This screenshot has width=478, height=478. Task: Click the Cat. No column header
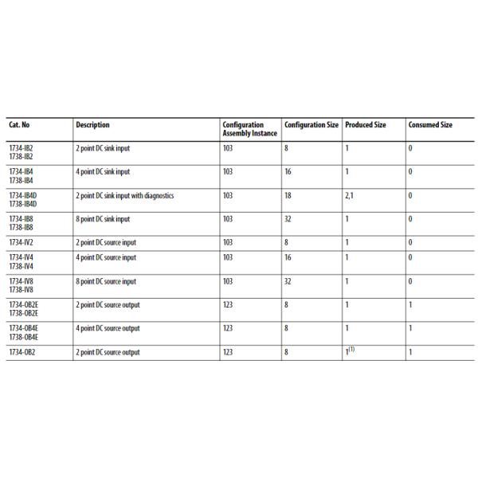click(20, 125)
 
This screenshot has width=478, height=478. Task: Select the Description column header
click(92, 125)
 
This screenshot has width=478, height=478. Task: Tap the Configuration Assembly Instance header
click(249, 129)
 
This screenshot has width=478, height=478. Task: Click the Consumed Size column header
click(430, 125)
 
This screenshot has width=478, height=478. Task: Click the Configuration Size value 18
click(287, 195)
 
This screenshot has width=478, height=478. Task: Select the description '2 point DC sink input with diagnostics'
click(124, 195)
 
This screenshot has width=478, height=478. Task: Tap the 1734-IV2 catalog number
click(22, 241)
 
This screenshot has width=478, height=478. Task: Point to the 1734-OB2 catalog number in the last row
click(22, 351)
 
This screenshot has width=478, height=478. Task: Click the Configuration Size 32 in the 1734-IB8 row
click(287, 218)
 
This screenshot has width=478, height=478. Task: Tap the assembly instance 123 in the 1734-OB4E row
click(228, 328)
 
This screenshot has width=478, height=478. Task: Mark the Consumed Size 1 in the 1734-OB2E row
click(410, 304)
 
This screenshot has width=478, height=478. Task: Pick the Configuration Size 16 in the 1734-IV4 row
click(287, 257)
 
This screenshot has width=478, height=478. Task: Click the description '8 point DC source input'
click(106, 281)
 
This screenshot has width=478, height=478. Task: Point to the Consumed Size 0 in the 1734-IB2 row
click(410, 147)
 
